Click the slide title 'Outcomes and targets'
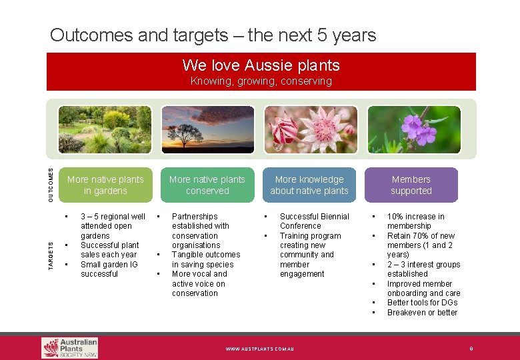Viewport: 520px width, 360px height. (x=213, y=35)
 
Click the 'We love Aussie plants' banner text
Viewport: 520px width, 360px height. (x=261, y=65)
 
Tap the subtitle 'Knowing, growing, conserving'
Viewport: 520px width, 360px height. (x=261, y=81)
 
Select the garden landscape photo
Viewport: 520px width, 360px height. (x=105, y=129)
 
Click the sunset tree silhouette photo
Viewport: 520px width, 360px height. (x=207, y=129)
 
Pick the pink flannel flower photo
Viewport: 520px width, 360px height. (x=309, y=129)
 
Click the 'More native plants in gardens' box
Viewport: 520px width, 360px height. (x=105, y=185)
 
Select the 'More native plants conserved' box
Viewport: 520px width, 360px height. (x=207, y=185)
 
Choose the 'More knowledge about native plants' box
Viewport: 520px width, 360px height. (x=309, y=185)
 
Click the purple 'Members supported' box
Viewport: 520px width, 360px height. (x=411, y=185)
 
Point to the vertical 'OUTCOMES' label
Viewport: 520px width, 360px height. (x=51, y=185)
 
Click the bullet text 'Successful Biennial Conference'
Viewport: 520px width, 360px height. (x=314, y=221)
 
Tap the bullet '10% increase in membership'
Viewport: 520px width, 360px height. (x=415, y=221)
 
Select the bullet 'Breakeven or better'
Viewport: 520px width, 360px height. (x=422, y=313)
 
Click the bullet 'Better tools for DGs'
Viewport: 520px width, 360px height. (x=422, y=303)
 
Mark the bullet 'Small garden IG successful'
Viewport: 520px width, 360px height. (x=109, y=269)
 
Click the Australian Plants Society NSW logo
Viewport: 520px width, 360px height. (x=70, y=347)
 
